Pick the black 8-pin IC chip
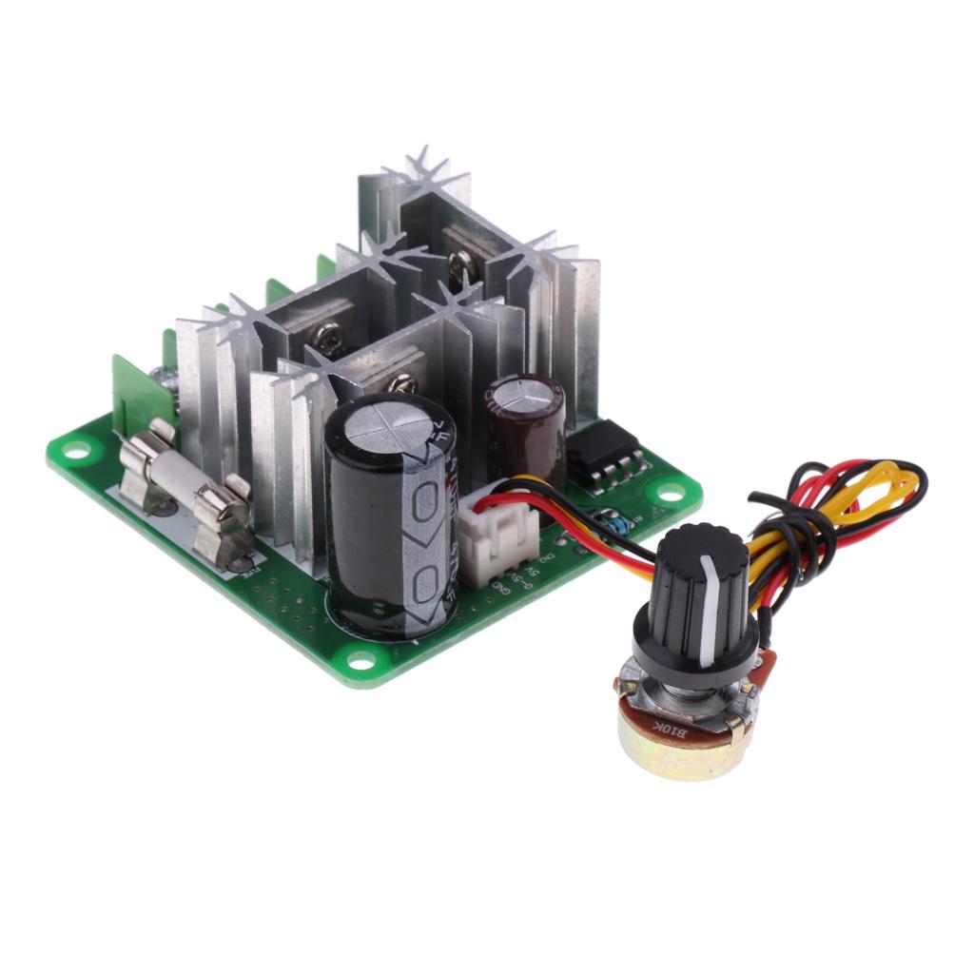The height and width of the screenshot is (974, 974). coord(602,457)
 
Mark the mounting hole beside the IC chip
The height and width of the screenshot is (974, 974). coord(671,493)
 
